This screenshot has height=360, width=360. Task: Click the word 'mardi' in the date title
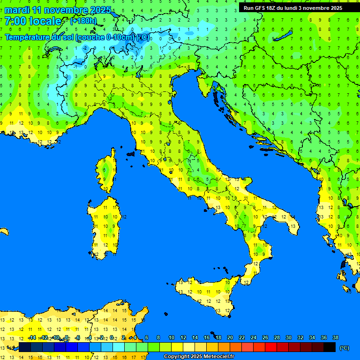click(x=17, y=10)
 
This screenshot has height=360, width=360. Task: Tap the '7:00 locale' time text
click(x=33, y=21)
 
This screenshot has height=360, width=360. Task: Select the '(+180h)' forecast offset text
click(x=83, y=21)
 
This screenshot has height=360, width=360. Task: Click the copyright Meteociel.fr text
click(x=199, y=357)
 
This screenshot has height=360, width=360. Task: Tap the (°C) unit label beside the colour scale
click(x=344, y=348)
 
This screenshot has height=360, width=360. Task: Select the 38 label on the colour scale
click(x=336, y=337)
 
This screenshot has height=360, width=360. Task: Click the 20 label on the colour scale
click(x=230, y=337)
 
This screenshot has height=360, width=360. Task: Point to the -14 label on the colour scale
click(x=32, y=337)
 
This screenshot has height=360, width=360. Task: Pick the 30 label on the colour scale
click(x=289, y=337)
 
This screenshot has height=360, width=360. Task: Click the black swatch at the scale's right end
click(x=330, y=347)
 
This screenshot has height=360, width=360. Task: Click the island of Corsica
click(x=107, y=171)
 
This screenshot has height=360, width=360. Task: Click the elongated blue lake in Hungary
click(x=283, y=37)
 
